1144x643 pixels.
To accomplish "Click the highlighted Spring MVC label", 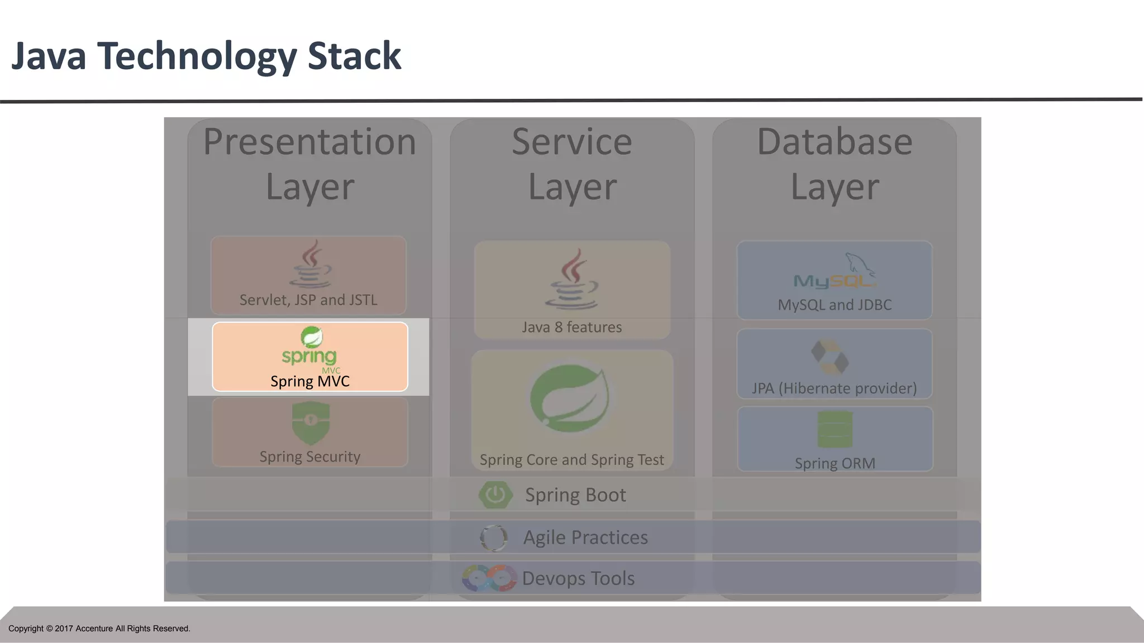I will click(x=310, y=382).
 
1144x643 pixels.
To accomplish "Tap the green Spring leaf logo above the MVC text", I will click(x=312, y=337).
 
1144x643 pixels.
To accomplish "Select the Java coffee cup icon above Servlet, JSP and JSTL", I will click(x=311, y=263).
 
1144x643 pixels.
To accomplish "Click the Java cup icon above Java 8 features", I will click(x=571, y=279).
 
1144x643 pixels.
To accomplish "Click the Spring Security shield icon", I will click(x=311, y=423).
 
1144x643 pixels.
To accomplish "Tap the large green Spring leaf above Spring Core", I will click(x=570, y=398).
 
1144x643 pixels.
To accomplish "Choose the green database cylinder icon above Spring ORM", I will click(x=835, y=429).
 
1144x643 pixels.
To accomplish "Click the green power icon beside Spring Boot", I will click(x=495, y=495).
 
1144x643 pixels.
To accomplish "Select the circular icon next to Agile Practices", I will click(x=494, y=538).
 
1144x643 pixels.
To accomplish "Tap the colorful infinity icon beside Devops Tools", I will click(x=489, y=578).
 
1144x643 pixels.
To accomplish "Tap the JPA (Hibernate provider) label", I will click(x=834, y=388).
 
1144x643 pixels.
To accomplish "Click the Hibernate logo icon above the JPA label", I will click(x=830, y=357).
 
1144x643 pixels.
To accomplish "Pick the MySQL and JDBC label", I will click(x=835, y=305).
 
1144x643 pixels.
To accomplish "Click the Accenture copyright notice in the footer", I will click(x=99, y=628).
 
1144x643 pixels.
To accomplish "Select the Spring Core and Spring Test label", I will click(x=571, y=460).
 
